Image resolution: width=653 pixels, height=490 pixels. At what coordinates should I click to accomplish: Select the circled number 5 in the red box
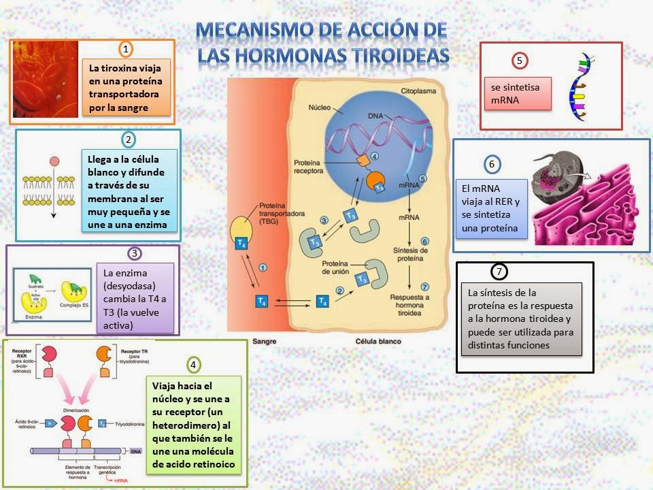click(519, 61)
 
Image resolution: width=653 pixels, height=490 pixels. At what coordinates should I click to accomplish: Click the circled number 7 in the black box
click(499, 272)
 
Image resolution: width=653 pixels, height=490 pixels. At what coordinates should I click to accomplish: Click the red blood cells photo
click(46, 80)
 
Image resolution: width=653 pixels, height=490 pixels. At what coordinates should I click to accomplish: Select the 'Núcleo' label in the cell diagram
click(319, 108)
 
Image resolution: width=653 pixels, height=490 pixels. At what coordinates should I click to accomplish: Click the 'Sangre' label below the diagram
click(264, 342)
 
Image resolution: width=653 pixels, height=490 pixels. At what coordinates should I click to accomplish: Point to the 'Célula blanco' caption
click(378, 342)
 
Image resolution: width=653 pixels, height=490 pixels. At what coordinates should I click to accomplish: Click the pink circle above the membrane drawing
click(54, 162)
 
